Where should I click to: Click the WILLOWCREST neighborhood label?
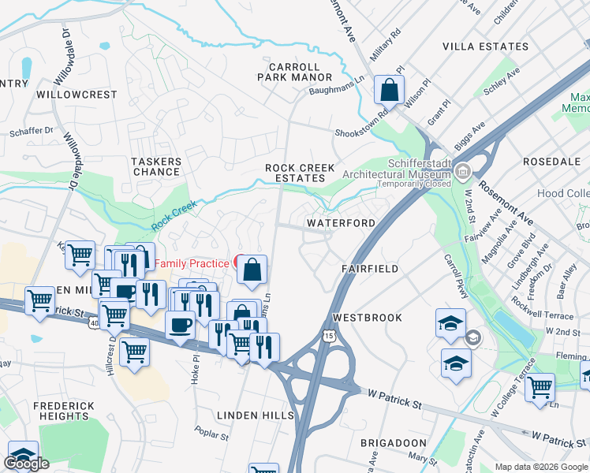point(77,95)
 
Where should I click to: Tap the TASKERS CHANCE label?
point(156,166)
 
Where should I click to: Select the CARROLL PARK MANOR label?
point(294,73)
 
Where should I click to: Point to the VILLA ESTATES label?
point(484,47)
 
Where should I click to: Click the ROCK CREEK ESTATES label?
point(300,173)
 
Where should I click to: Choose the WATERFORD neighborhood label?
point(341,223)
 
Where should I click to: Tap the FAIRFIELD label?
point(370,269)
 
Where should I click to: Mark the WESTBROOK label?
point(367,318)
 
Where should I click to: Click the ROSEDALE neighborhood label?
point(551,162)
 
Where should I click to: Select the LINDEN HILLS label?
point(256,415)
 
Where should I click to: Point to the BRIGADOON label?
point(394,444)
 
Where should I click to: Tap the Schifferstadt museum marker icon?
point(464,170)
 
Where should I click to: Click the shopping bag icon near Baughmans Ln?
point(390,89)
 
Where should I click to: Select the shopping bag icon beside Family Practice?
point(252,270)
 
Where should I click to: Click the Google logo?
point(26,464)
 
